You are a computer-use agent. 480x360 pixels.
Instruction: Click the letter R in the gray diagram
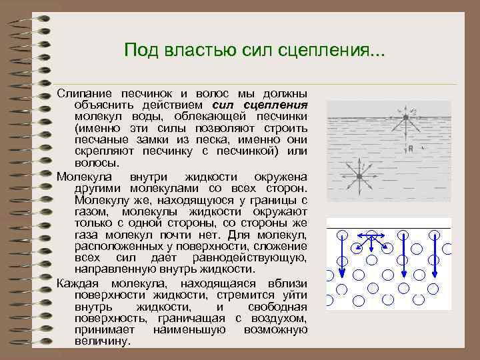[x=412, y=148]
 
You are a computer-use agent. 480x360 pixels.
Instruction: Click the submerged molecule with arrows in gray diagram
[x=358, y=177]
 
